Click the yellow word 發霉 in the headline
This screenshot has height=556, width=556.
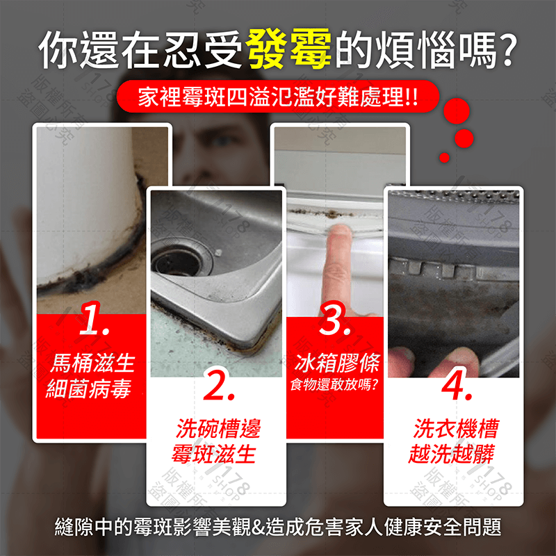pos(290,52)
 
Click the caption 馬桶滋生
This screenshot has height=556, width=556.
pos(92,363)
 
